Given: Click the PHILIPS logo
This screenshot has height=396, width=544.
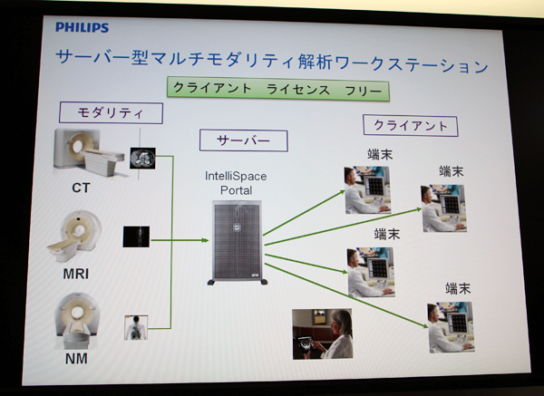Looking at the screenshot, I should (82, 28).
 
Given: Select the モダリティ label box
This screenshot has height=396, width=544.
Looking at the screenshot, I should (111, 112).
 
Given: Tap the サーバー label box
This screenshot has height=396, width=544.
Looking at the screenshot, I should (242, 140).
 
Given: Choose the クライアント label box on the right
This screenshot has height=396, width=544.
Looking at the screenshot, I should (409, 125).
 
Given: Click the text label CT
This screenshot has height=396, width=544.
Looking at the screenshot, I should (82, 188).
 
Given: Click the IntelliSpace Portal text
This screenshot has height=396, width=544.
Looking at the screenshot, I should (236, 182).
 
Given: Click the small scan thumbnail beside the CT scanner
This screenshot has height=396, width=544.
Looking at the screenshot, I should (143, 159).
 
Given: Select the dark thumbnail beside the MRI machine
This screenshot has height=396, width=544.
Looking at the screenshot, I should (135, 237).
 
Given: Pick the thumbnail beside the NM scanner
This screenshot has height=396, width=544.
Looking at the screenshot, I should (135, 327).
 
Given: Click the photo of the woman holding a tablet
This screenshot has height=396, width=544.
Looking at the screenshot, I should (323, 334).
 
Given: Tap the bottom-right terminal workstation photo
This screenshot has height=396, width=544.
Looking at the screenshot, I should (451, 327).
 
